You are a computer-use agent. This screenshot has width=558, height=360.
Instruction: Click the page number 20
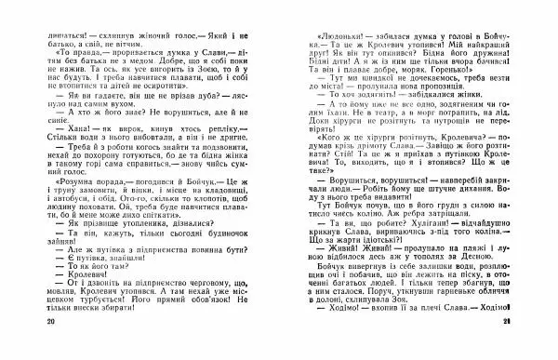pyautogui.click(x=24, y=346)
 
